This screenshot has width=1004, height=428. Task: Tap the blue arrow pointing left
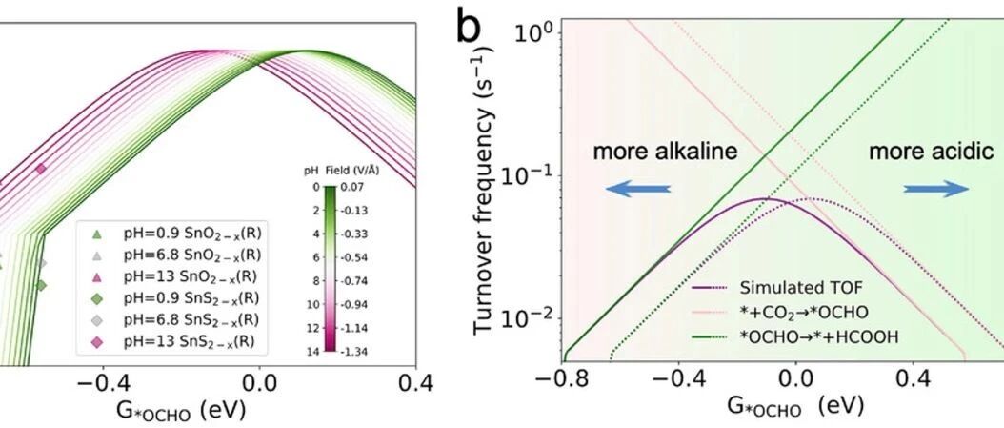(x=638, y=189)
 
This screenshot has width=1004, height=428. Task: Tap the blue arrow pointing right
(x=936, y=189)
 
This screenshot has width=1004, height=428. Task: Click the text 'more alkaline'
(x=666, y=153)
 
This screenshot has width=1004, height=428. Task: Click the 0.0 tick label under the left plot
(x=259, y=383)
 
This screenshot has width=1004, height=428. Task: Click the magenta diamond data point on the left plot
(x=40, y=169)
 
